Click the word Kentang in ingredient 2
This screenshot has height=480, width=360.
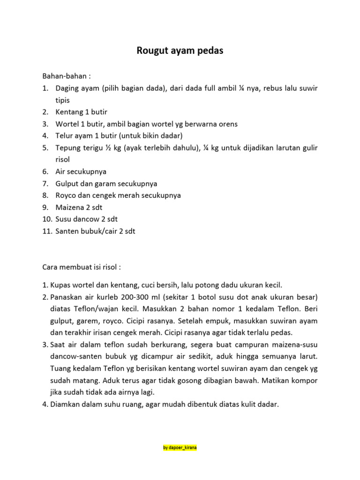coord(68,112)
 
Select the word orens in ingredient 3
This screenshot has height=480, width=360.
coord(227,124)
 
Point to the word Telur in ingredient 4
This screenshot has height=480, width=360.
coord(64,136)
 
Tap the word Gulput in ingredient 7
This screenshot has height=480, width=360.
coord(67,183)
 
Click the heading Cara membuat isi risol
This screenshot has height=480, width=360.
coord(82,267)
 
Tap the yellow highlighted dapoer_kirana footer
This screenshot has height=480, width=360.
coord(180,448)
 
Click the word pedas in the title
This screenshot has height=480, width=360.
coord(211,51)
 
